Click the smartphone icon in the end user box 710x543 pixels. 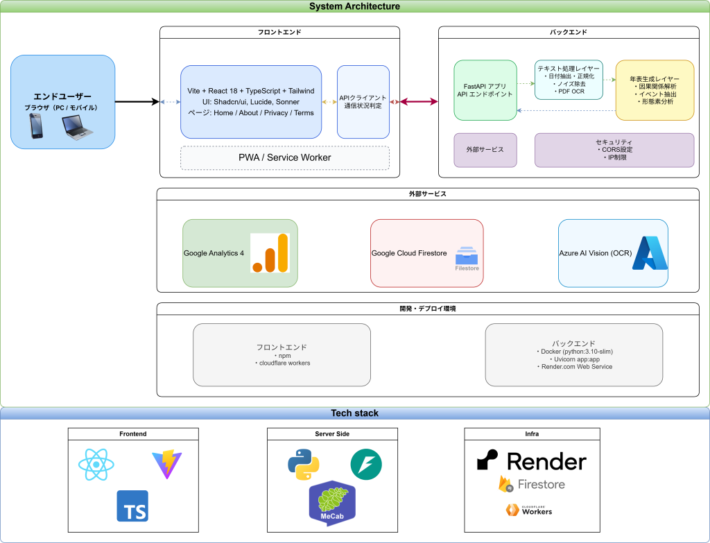coord(36,126)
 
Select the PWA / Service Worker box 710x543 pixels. coord(285,158)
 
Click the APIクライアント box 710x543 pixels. coord(363,102)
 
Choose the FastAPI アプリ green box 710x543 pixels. coord(485,90)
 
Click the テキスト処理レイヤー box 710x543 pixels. coord(569,79)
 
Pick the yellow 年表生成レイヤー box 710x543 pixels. coord(655,90)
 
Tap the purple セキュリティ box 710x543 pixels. coord(614,150)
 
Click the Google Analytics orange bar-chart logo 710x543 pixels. coord(270,252)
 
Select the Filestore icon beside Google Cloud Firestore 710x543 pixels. coord(467,257)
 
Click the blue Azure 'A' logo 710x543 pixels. coord(650,253)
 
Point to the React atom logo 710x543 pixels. coord(95,464)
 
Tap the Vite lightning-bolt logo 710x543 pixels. coord(167,464)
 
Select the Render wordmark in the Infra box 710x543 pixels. coord(531,461)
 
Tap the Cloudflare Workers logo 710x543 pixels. coord(529,510)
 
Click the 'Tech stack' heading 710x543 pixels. coord(354,413)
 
